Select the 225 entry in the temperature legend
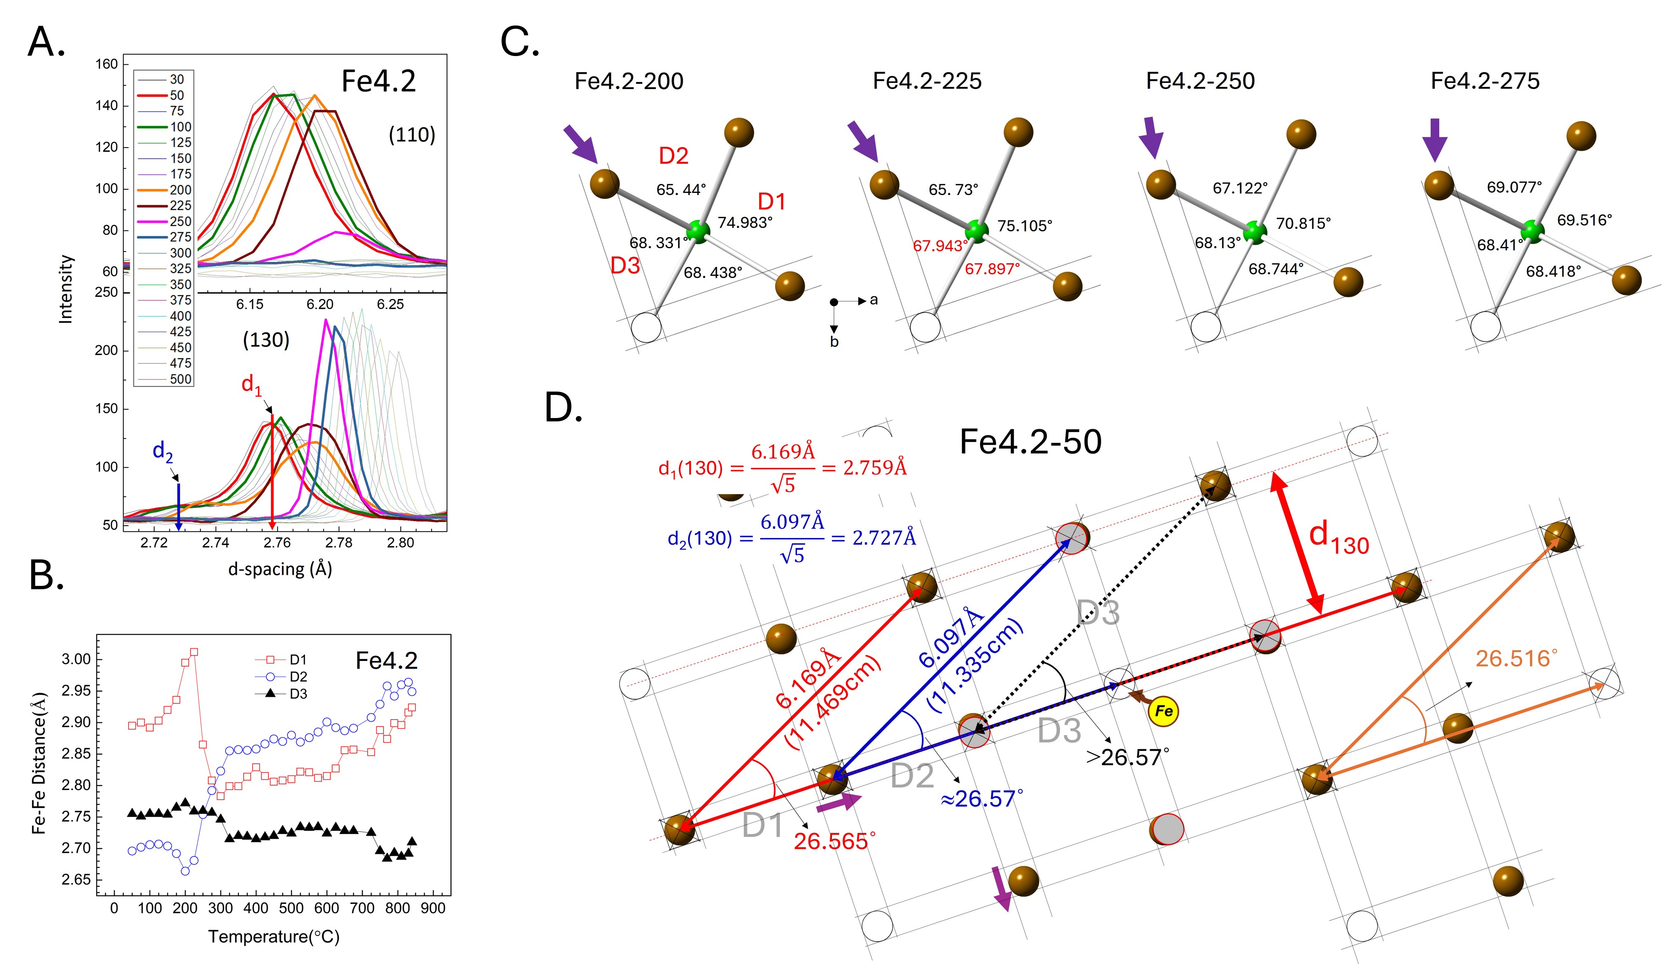tap(180, 205)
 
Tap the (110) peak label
tap(411, 135)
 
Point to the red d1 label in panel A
tap(251, 383)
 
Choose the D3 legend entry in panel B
tap(298, 694)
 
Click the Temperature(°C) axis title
tap(273, 937)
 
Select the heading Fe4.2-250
tap(1200, 81)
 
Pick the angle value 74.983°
tap(745, 223)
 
